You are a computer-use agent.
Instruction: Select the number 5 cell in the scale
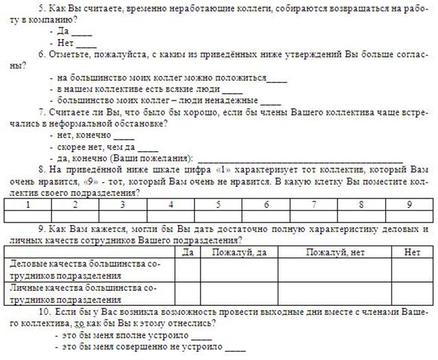point(218,204)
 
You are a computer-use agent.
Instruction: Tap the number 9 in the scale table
point(409,204)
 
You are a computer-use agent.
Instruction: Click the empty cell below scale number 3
point(122,216)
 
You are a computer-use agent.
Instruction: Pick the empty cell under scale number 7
point(313,216)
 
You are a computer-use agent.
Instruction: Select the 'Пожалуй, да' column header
point(239,253)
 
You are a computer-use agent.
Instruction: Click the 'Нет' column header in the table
point(412,253)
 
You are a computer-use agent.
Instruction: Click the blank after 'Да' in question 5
point(83,31)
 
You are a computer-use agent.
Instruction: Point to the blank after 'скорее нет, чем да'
point(149,148)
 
